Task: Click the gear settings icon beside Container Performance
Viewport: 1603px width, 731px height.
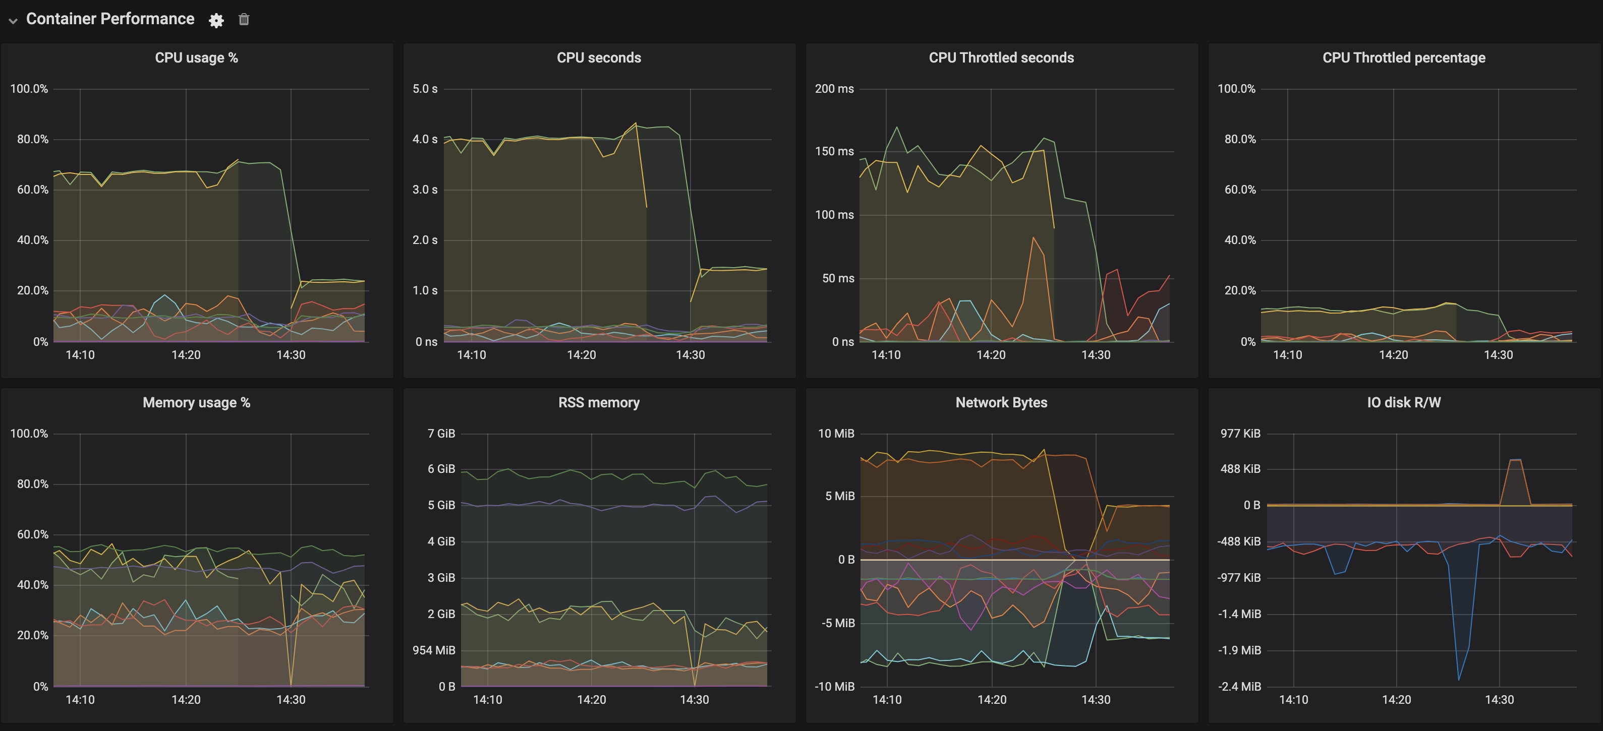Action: [x=216, y=20]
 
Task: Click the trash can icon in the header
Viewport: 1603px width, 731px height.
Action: [x=244, y=19]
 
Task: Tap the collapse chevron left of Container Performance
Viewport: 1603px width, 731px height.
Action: [x=13, y=21]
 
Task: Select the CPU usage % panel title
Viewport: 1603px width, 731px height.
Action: [x=196, y=57]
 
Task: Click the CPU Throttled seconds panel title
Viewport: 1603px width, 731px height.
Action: [x=1001, y=57]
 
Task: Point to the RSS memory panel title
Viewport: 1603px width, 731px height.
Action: [x=598, y=402]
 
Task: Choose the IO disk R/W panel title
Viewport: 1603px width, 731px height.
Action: [x=1403, y=402]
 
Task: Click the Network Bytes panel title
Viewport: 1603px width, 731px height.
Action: [x=1001, y=402]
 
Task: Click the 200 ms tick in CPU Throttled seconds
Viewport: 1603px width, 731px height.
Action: [x=834, y=88]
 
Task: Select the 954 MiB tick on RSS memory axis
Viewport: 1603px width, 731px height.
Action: [x=433, y=650]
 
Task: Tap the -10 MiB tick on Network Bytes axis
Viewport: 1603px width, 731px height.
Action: [x=834, y=686]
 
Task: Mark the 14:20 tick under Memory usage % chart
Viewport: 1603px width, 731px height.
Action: [x=186, y=699]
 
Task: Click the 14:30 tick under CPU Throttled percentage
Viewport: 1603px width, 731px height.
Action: [x=1498, y=354]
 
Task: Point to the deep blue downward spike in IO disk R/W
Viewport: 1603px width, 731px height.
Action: [x=1459, y=678]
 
